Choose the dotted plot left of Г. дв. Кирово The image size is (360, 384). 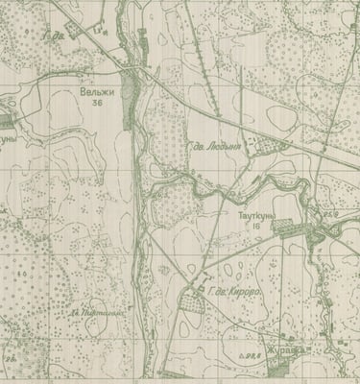click(192, 305)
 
